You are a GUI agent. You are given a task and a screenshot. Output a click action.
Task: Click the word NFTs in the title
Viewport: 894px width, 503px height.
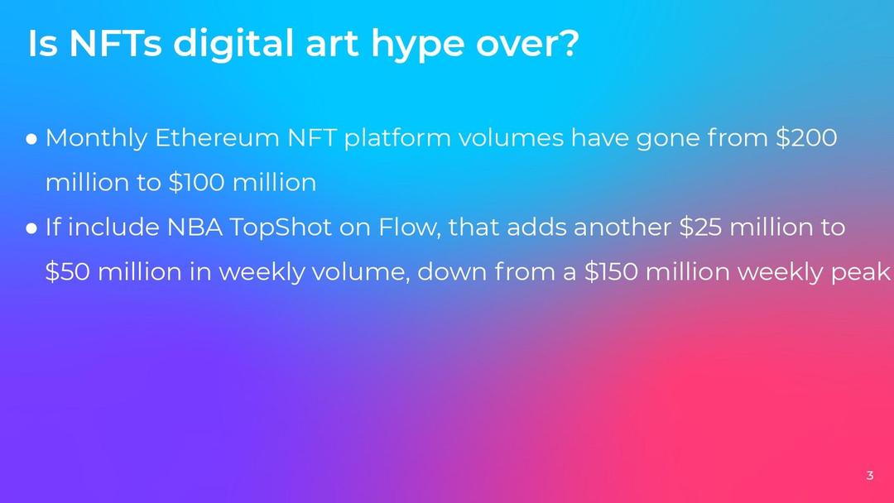click(x=115, y=43)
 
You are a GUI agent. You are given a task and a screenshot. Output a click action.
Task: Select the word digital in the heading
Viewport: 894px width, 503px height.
click(x=233, y=46)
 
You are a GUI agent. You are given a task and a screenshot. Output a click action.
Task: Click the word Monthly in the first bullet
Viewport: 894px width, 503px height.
click(x=96, y=139)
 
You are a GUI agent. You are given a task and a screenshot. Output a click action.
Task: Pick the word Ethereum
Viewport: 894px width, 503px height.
click(x=217, y=138)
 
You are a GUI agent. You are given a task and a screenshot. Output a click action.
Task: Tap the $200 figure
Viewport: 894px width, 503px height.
click(x=806, y=138)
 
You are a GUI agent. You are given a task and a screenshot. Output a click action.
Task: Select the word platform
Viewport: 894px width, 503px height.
click(x=397, y=139)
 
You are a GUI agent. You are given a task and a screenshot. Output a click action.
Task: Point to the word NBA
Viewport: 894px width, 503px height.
click(x=195, y=228)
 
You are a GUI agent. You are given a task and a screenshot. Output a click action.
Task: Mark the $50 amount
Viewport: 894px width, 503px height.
click(x=67, y=271)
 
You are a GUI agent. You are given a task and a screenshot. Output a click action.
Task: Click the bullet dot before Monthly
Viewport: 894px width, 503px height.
click(x=32, y=140)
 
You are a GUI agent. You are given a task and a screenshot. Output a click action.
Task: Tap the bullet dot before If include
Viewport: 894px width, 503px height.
click(x=32, y=229)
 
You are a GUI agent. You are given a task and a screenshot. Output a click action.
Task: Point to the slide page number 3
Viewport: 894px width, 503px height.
click(x=869, y=475)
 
